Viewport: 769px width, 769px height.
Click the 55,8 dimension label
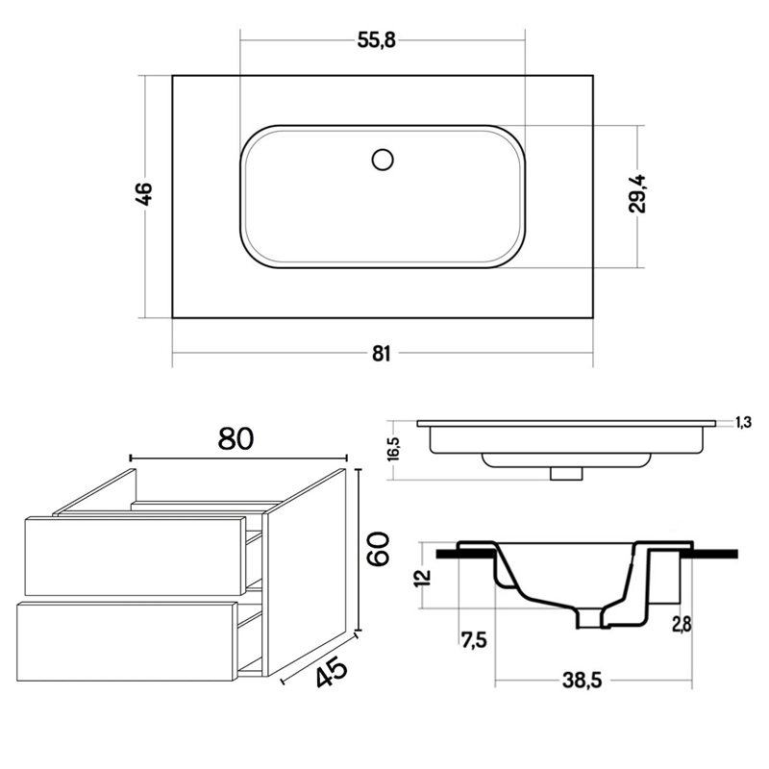pos(376,40)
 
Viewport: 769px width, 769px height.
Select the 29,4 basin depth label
pos(637,193)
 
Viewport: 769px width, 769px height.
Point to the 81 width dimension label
pos(381,353)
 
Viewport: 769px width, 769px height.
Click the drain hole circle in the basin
pos(383,160)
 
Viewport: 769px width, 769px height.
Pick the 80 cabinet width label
pos(236,438)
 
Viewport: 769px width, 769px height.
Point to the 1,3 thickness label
pos(743,422)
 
